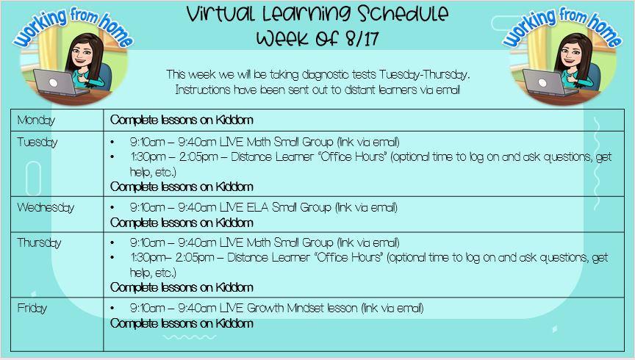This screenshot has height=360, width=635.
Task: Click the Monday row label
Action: pos(36,120)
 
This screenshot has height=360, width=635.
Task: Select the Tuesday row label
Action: pos(37,142)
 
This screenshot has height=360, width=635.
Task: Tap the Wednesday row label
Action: pos(46,208)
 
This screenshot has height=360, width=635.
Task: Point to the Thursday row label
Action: pos(39,242)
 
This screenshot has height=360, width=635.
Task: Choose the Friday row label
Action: pos(32,308)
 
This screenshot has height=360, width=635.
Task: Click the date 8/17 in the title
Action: pos(362,38)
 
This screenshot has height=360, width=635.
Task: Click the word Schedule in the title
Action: pos(397,14)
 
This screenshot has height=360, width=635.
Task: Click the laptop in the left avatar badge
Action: pos(60,84)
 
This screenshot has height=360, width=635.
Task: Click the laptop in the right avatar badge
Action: pos(549,84)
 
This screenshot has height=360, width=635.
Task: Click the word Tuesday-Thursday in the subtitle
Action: pos(423,75)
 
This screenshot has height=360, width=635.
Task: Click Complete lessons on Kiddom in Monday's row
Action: pos(182,120)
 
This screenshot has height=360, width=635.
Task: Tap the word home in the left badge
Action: pos(117,30)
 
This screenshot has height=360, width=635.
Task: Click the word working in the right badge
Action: pos(529,27)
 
